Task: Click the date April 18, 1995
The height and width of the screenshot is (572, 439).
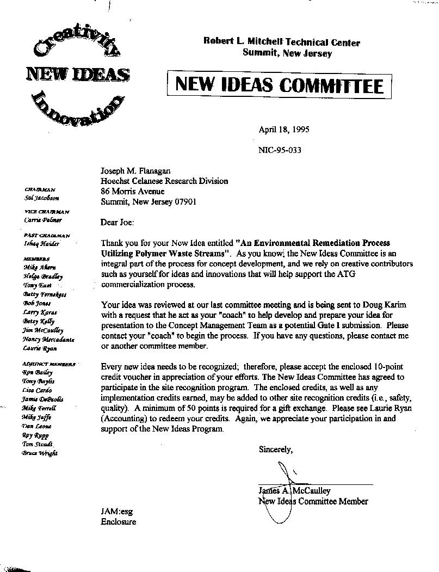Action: pyautogui.click(x=284, y=130)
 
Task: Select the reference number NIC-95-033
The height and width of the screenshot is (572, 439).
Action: pyautogui.click(x=280, y=150)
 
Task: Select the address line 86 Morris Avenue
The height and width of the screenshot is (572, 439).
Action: pyautogui.click(x=133, y=192)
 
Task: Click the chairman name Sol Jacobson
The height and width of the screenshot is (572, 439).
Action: pyautogui.click(x=42, y=198)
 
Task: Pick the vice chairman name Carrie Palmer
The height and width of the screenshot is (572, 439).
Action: pyautogui.click(x=43, y=220)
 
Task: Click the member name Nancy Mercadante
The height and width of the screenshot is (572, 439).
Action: pyautogui.click(x=48, y=339)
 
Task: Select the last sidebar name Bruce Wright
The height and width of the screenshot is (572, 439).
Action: pyautogui.click(x=40, y=453)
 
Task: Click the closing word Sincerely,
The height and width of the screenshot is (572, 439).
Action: pyautogui.click(x=276, y=450)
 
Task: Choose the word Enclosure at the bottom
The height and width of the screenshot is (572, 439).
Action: pyautogui.click(x=119, y=522)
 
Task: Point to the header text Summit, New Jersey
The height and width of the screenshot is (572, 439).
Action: pyautogui.click(x=287, y=53)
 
